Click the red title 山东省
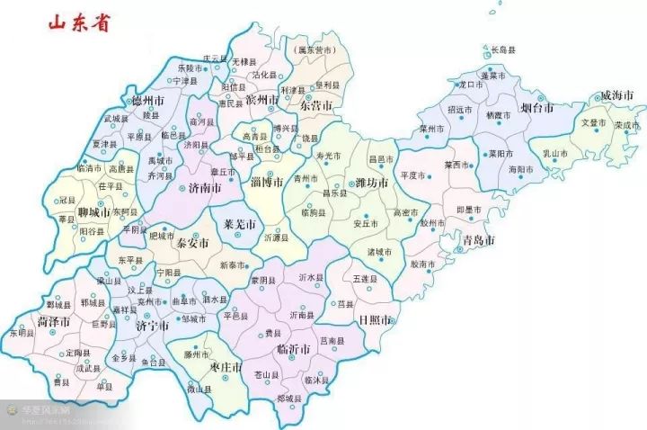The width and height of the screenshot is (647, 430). pyautogui.click(x=67, y=22)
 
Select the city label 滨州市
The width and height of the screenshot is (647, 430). pyautogui.click(x=262, y=100)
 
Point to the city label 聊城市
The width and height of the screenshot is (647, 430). pyautogui.click(x=93, y=213)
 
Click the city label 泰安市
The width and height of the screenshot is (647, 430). pyautogui.click(x=192, y=243)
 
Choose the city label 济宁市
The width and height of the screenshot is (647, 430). pyautogui.click(x=152, y=327)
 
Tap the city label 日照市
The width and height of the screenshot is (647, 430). pyautogui.click(x=375, y=320)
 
